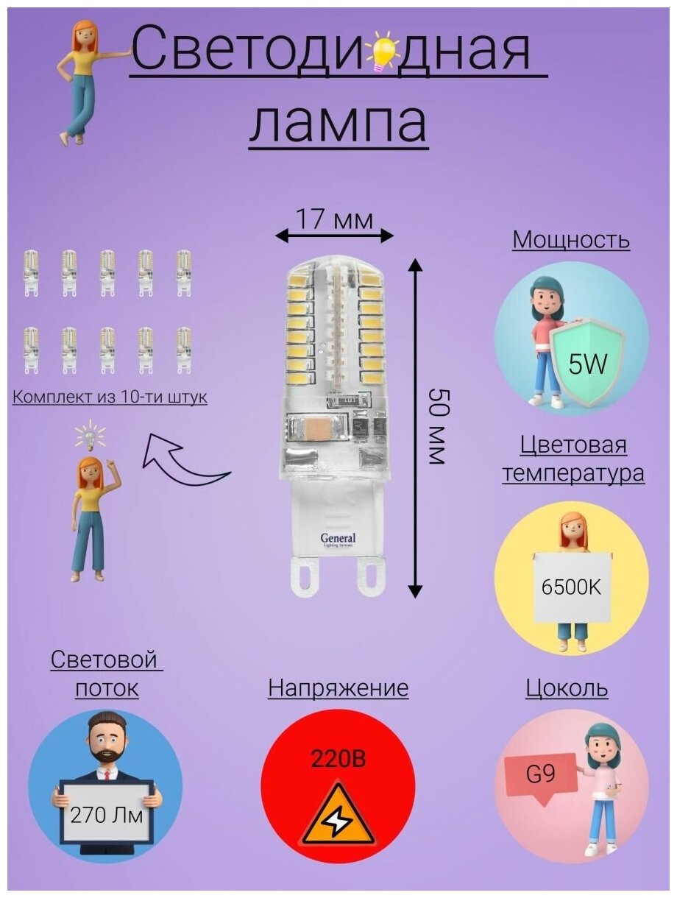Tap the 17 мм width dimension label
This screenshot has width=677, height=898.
point(334,219)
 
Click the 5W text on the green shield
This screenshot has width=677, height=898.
point(587,364)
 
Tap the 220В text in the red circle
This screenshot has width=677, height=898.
point(338,758)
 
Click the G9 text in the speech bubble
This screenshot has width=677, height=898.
point(542,774)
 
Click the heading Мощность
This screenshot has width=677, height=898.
point(571,240)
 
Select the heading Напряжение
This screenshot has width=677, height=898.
point(338,688)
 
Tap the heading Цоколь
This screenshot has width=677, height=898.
point(567,688)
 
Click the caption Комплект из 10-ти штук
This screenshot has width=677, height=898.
point(110,397)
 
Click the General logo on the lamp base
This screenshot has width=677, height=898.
point(338,539)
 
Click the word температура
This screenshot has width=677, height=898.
point(573,473)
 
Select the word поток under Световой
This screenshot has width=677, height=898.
point(107,688)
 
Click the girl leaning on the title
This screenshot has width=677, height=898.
point(80,81)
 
